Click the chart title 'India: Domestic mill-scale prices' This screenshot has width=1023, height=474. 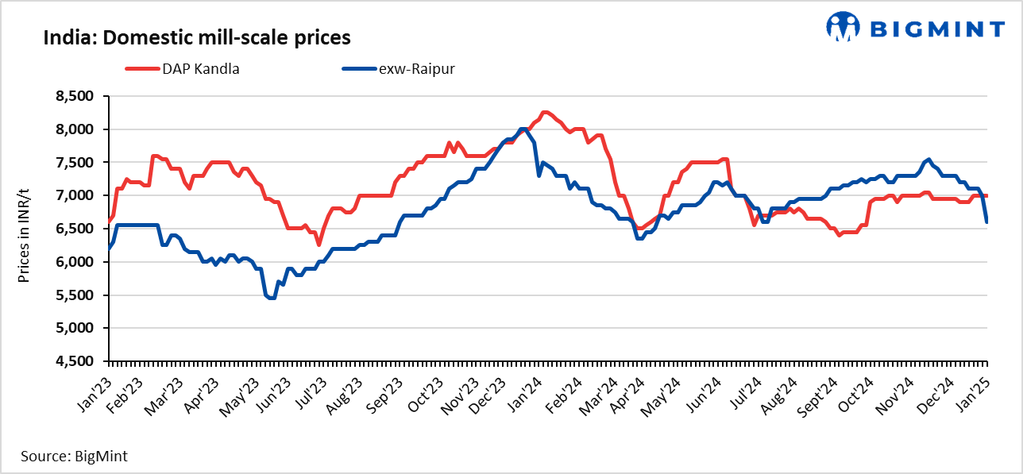tap(196, 37)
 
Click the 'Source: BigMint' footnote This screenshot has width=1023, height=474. tap(74, 456)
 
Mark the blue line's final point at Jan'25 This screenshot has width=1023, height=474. tap(987, 222)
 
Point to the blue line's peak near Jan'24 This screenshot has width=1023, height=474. tap(522, 129)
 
